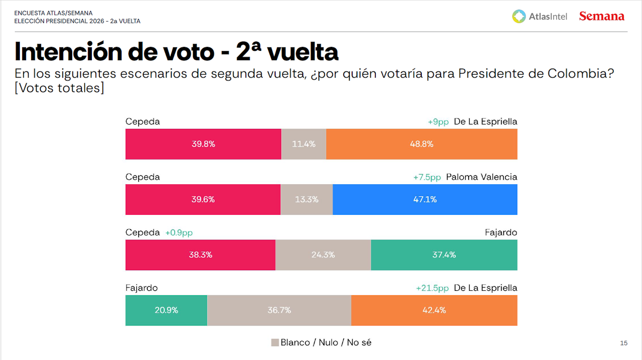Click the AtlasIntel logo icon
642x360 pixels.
click(519, 16)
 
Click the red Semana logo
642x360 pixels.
click(602, 16)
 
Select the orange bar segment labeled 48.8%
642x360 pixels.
click(421, 144)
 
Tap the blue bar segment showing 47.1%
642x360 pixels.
click(425, 200)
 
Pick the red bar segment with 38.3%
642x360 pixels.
click(200, 255)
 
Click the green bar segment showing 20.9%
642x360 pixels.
click(166, 310)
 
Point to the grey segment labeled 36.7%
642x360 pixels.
click(279, 310)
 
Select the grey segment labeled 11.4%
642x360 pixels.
click(303, 144)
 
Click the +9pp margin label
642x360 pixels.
click(438, 121)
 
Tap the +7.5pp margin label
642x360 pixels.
click(427, 177)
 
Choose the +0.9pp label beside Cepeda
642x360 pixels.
click(178, 233)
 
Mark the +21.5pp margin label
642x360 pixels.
click(432, 288)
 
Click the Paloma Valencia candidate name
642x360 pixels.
click(481, 177)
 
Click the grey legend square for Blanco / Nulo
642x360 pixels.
click(275, 343)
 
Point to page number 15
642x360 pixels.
click(623, 343)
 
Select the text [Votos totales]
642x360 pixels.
click(59, 88)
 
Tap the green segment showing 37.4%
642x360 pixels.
click(443, 255)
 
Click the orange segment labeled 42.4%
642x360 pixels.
click(434, 310)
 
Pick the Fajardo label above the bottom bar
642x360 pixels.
click(141, 288)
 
